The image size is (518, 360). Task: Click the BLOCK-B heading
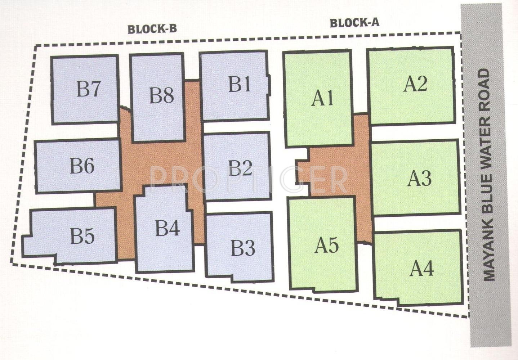[x=152, y=29]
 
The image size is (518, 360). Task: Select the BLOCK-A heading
[x=354, y=23]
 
